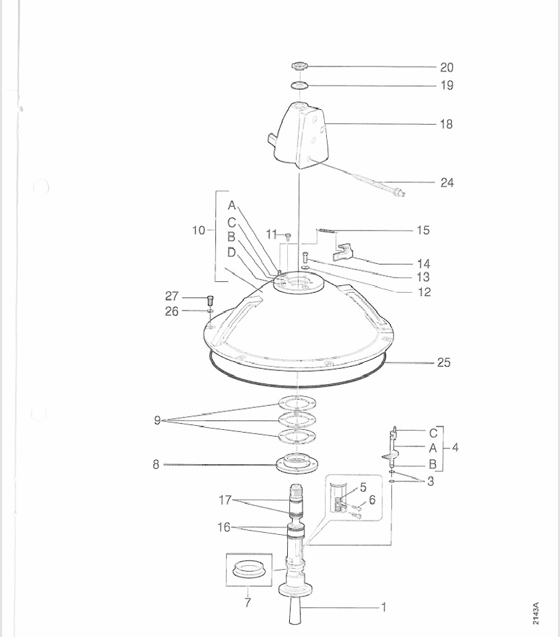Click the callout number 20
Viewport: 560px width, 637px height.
pyautogui.click(x=446, y=67)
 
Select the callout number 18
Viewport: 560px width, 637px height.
pyautogui.click(x=446, y=125)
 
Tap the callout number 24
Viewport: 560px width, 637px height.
pyautogui.click(x=447, y=183)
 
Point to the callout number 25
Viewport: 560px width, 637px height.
pyautogui.click(x=444, y=362)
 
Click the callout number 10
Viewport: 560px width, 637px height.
pyautogui.click(x=199, y=230)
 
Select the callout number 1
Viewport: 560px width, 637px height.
pyautogui.click(x=384, y=607)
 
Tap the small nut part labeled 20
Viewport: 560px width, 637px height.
pyautogui.click(x=300, y=66)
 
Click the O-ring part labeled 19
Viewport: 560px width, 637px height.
pyautogui.click(x=300, y=85)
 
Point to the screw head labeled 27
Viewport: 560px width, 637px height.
pyautogui.click(x=210, y=299)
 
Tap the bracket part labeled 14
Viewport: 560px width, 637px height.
pyautogui.click(x=346, y=252)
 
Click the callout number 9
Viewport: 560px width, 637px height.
pyautogui.click(x=158, y=420)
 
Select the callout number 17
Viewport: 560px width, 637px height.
pyautogui.click(x=226, y=501)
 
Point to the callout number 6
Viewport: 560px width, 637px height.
pyautogui.click(x=372, y=500)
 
